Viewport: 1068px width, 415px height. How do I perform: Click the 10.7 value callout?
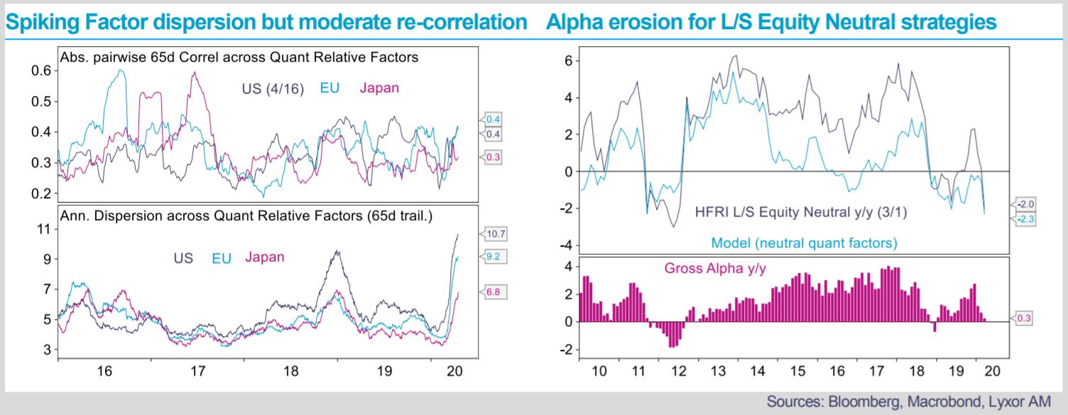(494, 234)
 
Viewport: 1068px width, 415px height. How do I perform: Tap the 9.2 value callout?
(494, 257)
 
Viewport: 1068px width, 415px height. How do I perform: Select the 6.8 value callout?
(494, 292)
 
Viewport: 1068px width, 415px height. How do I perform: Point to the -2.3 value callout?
(1023, 220)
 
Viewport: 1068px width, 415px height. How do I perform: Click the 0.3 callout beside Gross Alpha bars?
(1022, 318)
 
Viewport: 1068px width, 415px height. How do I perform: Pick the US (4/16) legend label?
(273, 89)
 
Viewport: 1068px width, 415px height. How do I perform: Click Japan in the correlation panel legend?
(379, 88)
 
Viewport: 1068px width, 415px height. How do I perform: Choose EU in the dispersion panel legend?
(222, 259)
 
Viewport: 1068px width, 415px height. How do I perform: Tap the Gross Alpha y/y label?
(715, 269)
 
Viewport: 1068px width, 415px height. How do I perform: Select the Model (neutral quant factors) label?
(805, 243)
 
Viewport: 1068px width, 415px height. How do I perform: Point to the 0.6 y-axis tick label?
(41, 70)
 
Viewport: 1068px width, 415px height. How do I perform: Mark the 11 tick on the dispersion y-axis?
(44, 229)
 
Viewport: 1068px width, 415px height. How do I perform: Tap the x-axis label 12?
(678, 371)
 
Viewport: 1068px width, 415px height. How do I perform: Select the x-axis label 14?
(758, 371)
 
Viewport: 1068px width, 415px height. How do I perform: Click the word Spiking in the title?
(42, 23)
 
